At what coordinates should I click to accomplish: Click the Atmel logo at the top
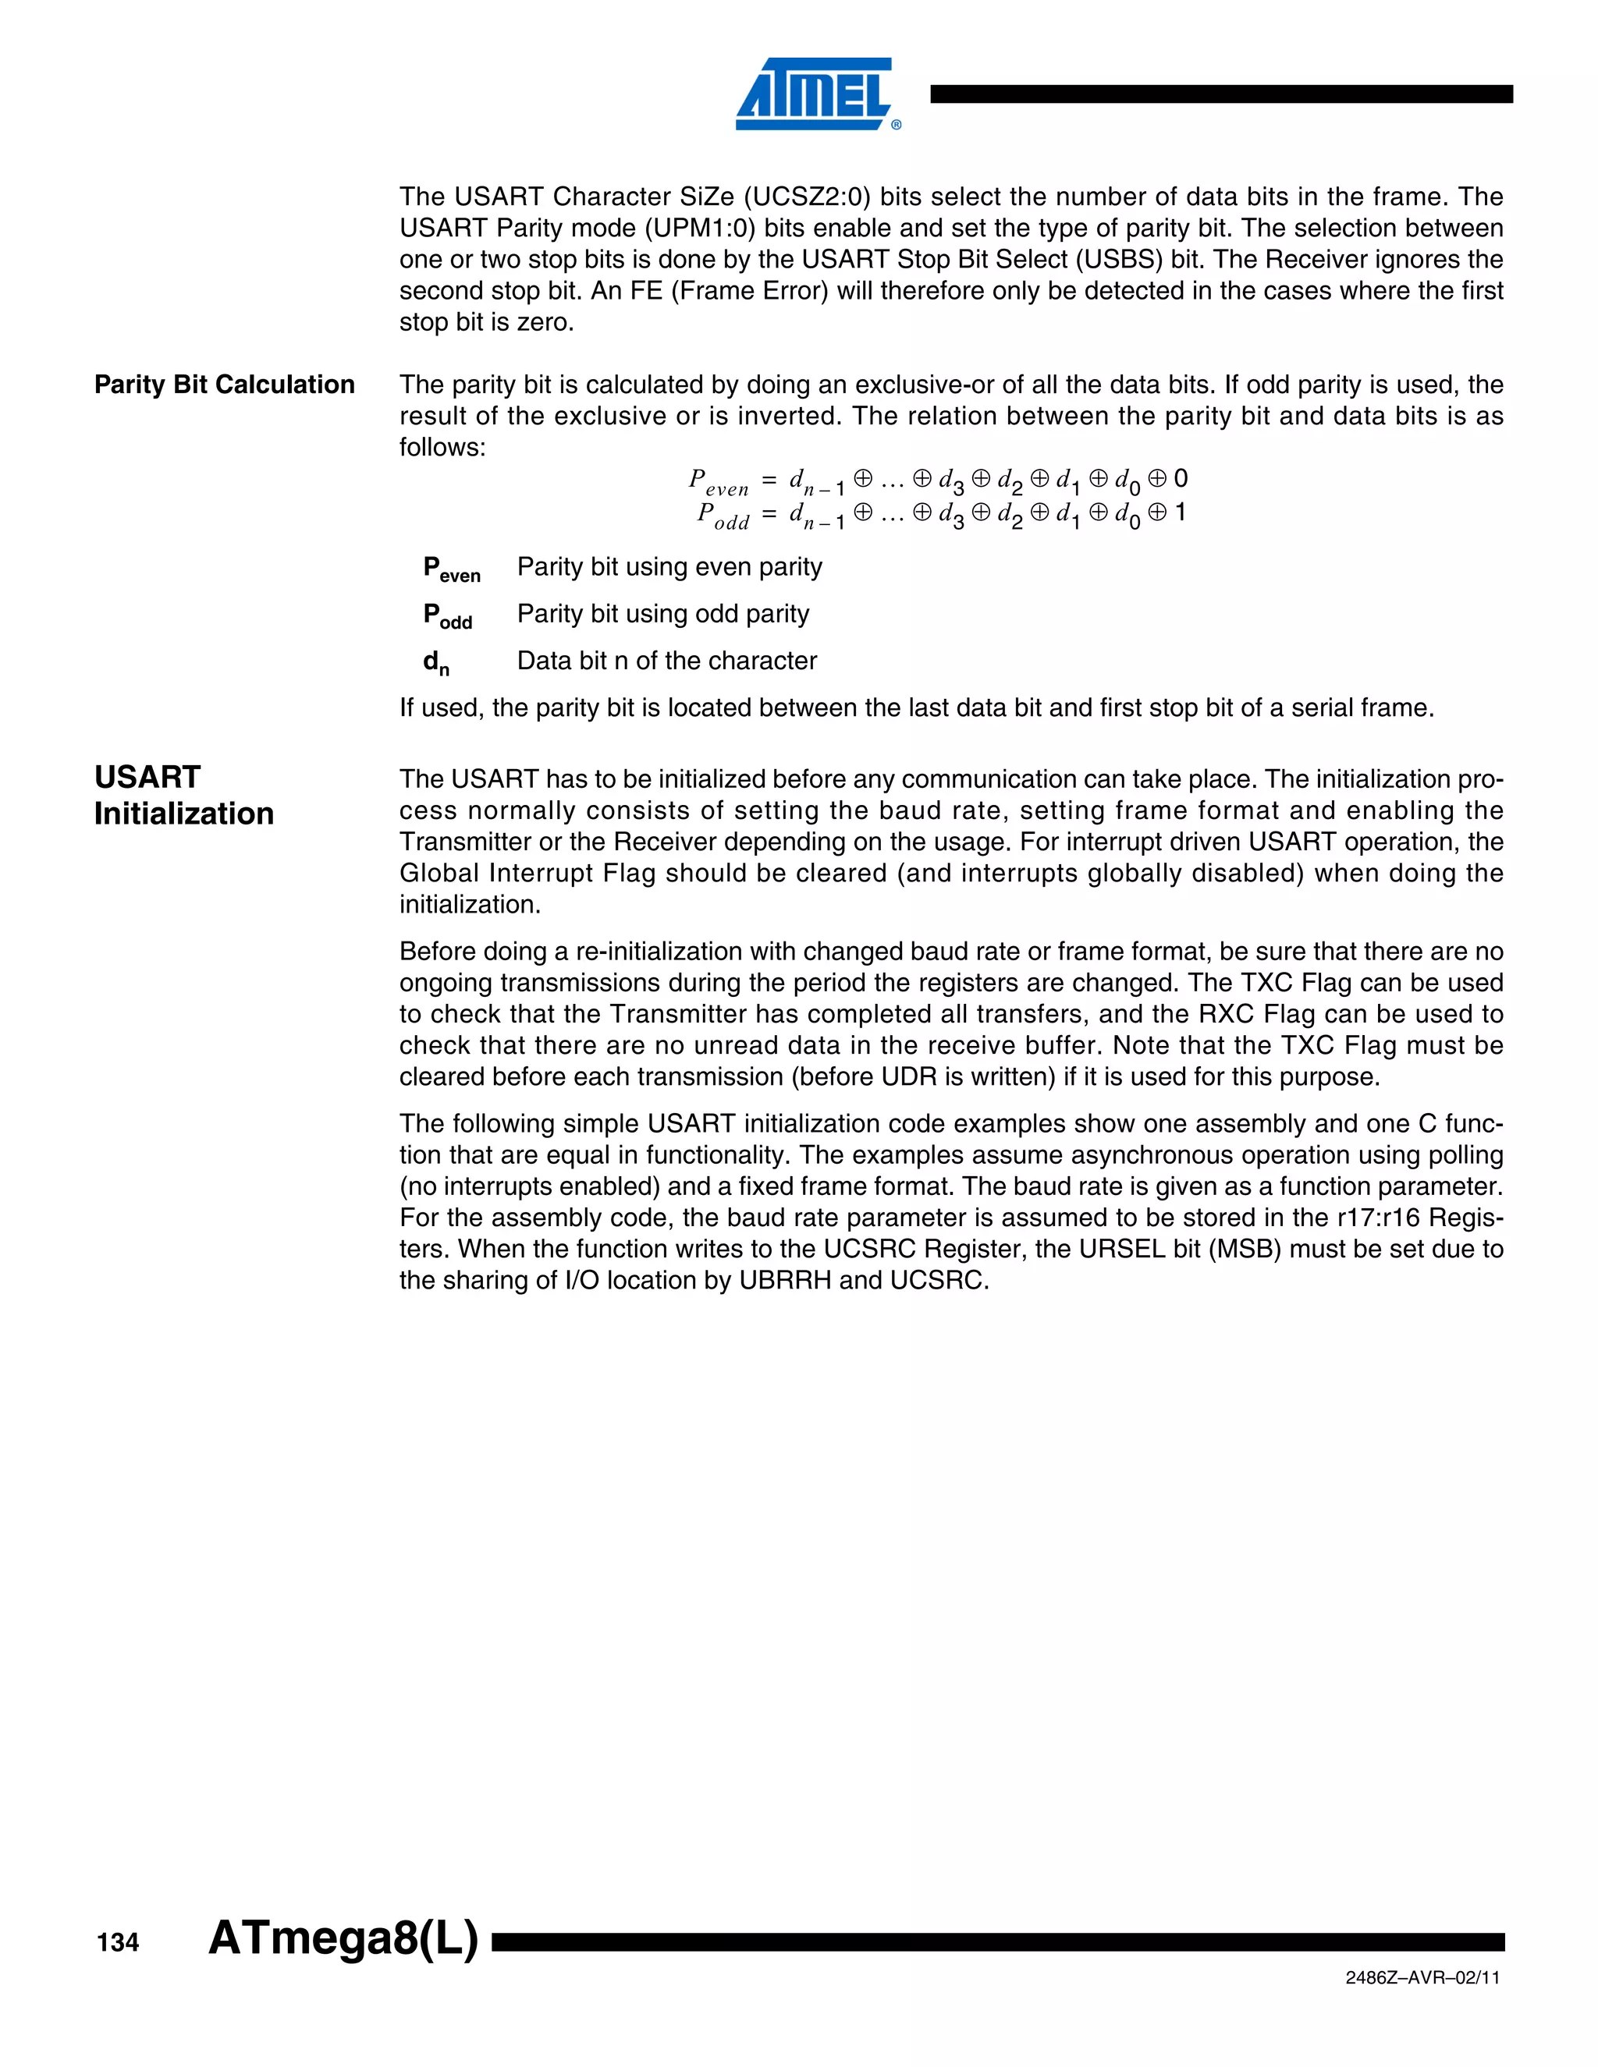pos(814,94)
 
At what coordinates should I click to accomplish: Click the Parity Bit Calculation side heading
pos(225,385)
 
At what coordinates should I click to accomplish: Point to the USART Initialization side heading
pos(183,795)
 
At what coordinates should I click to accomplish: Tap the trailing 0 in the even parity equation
pos(1181,479)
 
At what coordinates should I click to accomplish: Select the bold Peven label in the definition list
pos(452,569)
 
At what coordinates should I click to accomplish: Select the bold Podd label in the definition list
pos(448,616)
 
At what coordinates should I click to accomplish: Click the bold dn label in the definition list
pos(436,662)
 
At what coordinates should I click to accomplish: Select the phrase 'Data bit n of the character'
pos(666,661)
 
